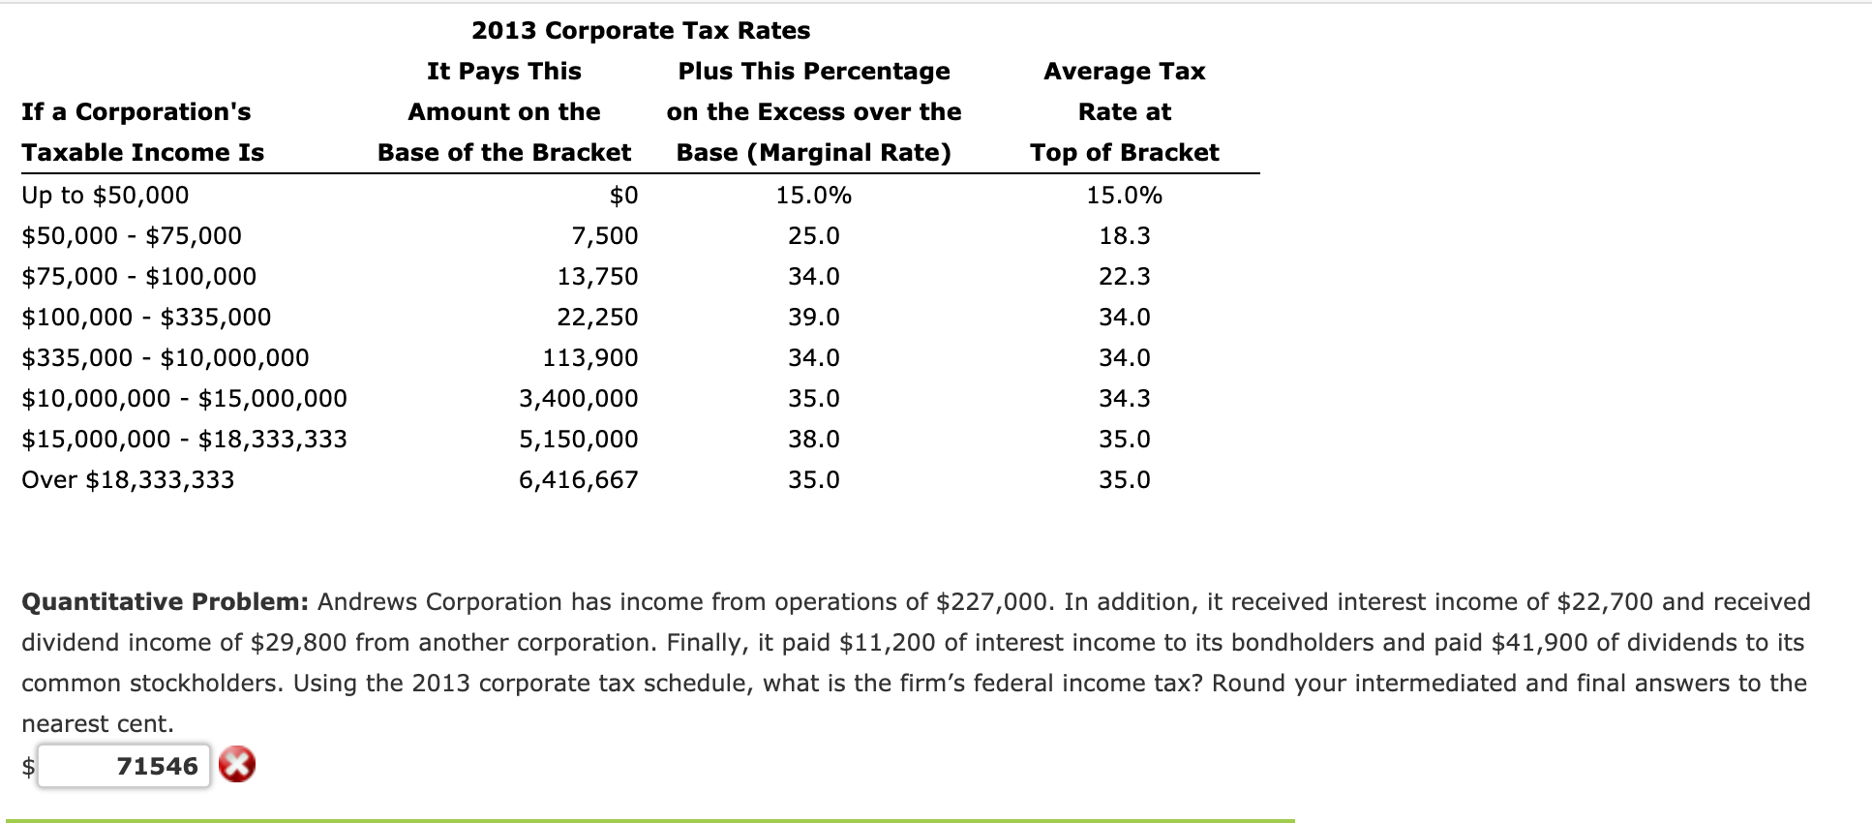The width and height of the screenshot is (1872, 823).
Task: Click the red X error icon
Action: pos(237,765)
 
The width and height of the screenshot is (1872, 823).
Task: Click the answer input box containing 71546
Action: pos(124,766)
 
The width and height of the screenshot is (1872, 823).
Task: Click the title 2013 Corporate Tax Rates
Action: pos(641,30)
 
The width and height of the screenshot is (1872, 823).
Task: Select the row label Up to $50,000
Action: pos(106,195)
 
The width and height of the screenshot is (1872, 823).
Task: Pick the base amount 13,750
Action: pos(597,276)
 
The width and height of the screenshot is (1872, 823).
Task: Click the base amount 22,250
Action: pos(597,317)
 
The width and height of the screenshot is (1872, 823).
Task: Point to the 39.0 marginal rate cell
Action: pos(813,317)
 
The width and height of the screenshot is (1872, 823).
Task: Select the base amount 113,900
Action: pos(590,357)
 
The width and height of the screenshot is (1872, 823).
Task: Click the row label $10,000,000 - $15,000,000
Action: pos(184,398)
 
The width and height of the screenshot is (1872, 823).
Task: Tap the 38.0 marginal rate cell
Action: pos(813,439)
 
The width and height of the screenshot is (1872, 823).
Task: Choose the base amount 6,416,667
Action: pos(579,479)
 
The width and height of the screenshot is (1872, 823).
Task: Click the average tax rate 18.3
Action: pos(1124,235)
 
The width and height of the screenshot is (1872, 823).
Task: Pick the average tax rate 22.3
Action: pos(1124,276)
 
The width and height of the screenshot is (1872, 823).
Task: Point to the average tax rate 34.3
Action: pos(1124,398)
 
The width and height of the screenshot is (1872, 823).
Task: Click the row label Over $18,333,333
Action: pos(128,479)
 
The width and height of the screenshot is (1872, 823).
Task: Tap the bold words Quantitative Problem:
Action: pos(165,601)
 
